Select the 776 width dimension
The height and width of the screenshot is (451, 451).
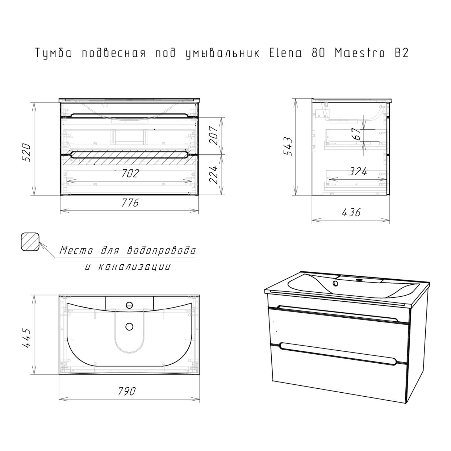(130, 203)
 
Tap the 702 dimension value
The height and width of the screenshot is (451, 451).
(130, 173)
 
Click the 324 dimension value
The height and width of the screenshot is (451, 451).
(358, 171)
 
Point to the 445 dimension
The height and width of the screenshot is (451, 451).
(27, 338)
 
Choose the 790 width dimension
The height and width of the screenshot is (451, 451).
(127, 391)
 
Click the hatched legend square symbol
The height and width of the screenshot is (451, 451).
(30, 242)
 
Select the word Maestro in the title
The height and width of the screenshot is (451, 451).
(360, 53)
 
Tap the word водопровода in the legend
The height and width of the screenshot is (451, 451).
(161, 250)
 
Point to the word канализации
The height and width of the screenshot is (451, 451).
(134, 267)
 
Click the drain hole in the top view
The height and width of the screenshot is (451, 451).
(129, 327)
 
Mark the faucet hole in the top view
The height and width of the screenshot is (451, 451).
(129, 305)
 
